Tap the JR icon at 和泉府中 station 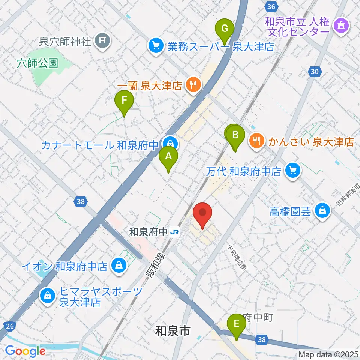pos(174,232)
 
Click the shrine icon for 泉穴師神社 pos(102,40)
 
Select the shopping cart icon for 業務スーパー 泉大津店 pos(155,46)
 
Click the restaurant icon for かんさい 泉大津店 pos(256,141)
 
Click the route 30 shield pos(315,71)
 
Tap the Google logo pos(25,351)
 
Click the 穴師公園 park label pos(37,63)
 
